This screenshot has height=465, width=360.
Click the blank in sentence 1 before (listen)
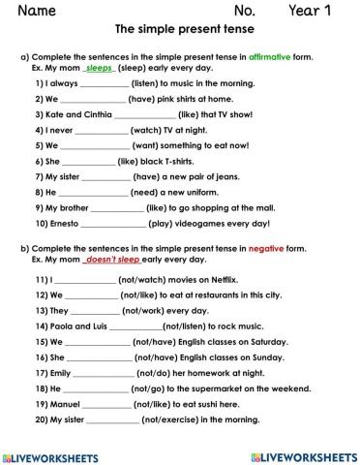click(97, 85)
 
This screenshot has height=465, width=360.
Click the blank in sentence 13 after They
click(95, 312)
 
